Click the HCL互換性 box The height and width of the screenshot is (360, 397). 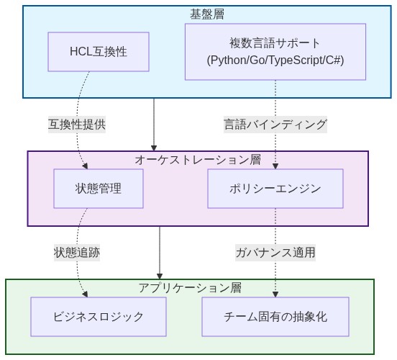[99, 52]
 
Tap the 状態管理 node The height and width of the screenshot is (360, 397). [99, 189]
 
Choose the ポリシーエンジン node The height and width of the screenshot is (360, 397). [275, 189]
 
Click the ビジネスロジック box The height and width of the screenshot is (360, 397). [99, 316]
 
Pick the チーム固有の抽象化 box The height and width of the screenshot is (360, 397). [275, 316]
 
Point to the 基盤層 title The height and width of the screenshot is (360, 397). [206, 14]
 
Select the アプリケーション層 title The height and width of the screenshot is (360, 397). [190, 287]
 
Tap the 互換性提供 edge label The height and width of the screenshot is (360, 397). [77, 124]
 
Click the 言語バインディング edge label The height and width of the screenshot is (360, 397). [275, 124]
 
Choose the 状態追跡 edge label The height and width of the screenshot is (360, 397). [77, 252]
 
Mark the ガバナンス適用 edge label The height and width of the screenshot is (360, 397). [275, 252]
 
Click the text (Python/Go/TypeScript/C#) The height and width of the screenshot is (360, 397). [275, 60]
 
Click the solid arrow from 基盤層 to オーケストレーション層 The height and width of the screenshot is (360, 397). [154, 124]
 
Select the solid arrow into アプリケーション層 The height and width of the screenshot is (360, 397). [160, 252]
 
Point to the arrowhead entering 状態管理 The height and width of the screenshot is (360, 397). [86, 166]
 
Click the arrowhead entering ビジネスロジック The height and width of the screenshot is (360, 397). [86, 293]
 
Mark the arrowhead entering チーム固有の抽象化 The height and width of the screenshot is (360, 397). [275, 293]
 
